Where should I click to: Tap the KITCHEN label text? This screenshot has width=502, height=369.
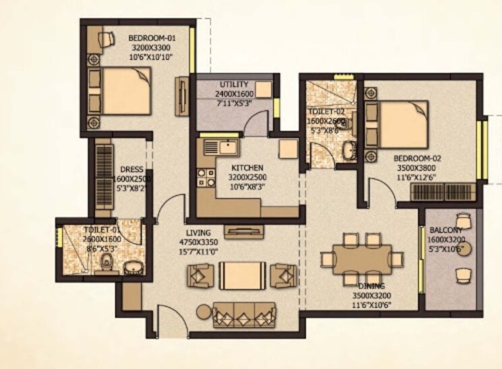click(245, 168)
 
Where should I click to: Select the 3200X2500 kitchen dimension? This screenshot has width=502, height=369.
click(245, 177)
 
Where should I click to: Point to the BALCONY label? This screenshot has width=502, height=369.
click(445, 230)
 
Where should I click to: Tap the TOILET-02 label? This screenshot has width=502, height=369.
click(325, 111)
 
